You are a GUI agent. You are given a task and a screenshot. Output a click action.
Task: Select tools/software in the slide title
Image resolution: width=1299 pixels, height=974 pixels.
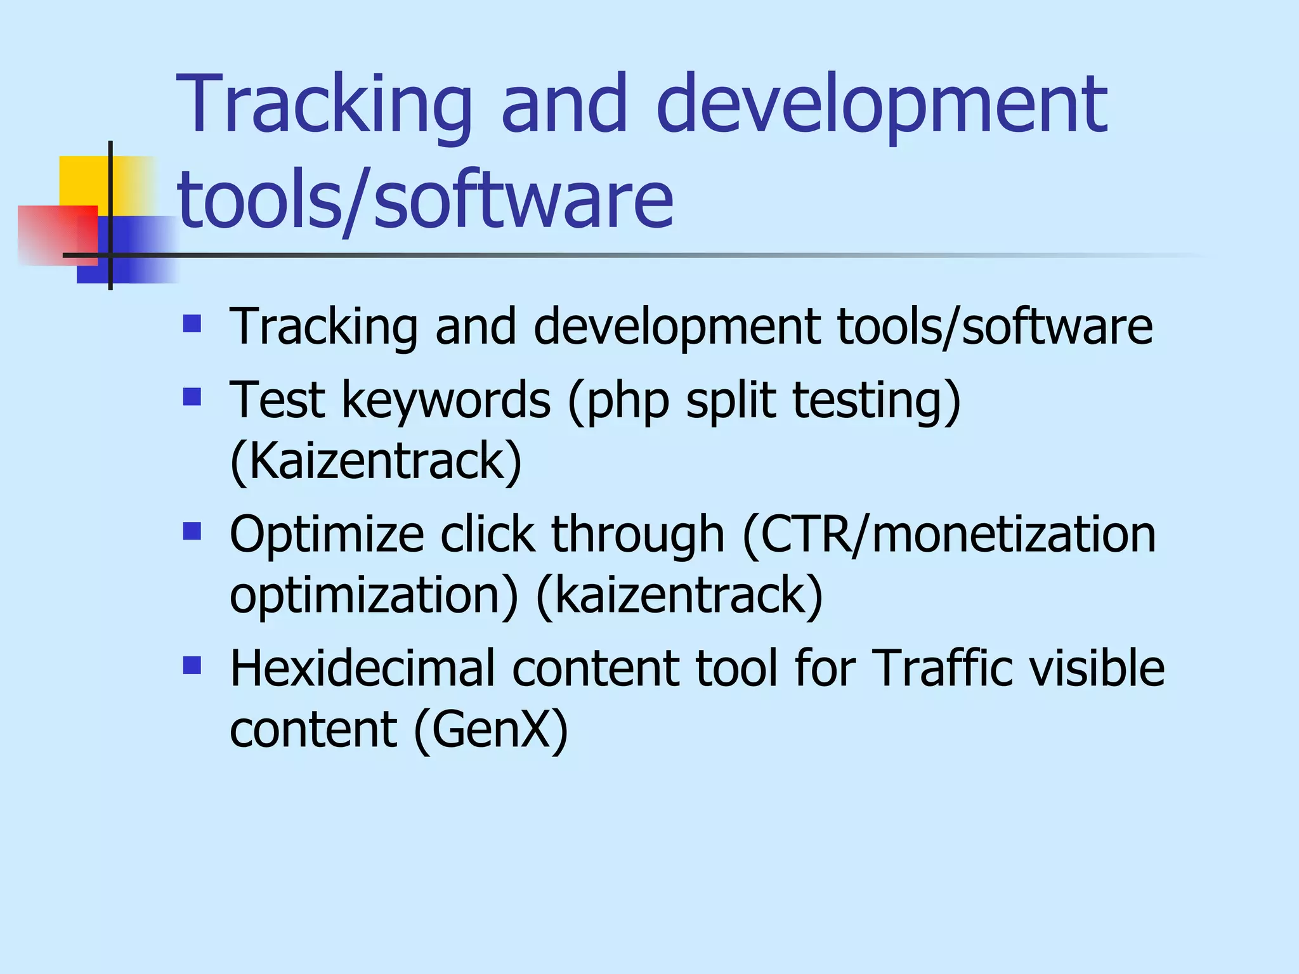click(425, 201)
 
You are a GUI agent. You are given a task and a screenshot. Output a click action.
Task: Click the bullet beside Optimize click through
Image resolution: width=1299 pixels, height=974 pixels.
click(192, 531)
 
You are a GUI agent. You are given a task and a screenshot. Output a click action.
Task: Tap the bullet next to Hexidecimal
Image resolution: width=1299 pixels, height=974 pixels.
click(192, 665)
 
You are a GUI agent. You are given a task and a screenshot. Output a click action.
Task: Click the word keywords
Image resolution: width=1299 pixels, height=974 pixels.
click(446, 401)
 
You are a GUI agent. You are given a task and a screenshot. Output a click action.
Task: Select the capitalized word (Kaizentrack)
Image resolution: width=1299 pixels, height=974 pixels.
click(375, 462)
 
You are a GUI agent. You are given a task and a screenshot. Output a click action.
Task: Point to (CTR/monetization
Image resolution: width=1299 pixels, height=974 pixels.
click(949, 534)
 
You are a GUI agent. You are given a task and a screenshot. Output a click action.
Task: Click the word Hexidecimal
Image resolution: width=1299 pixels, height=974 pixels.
click(362, 668)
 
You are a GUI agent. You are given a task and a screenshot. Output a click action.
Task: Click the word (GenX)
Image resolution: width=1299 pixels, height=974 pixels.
click(491, 729)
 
